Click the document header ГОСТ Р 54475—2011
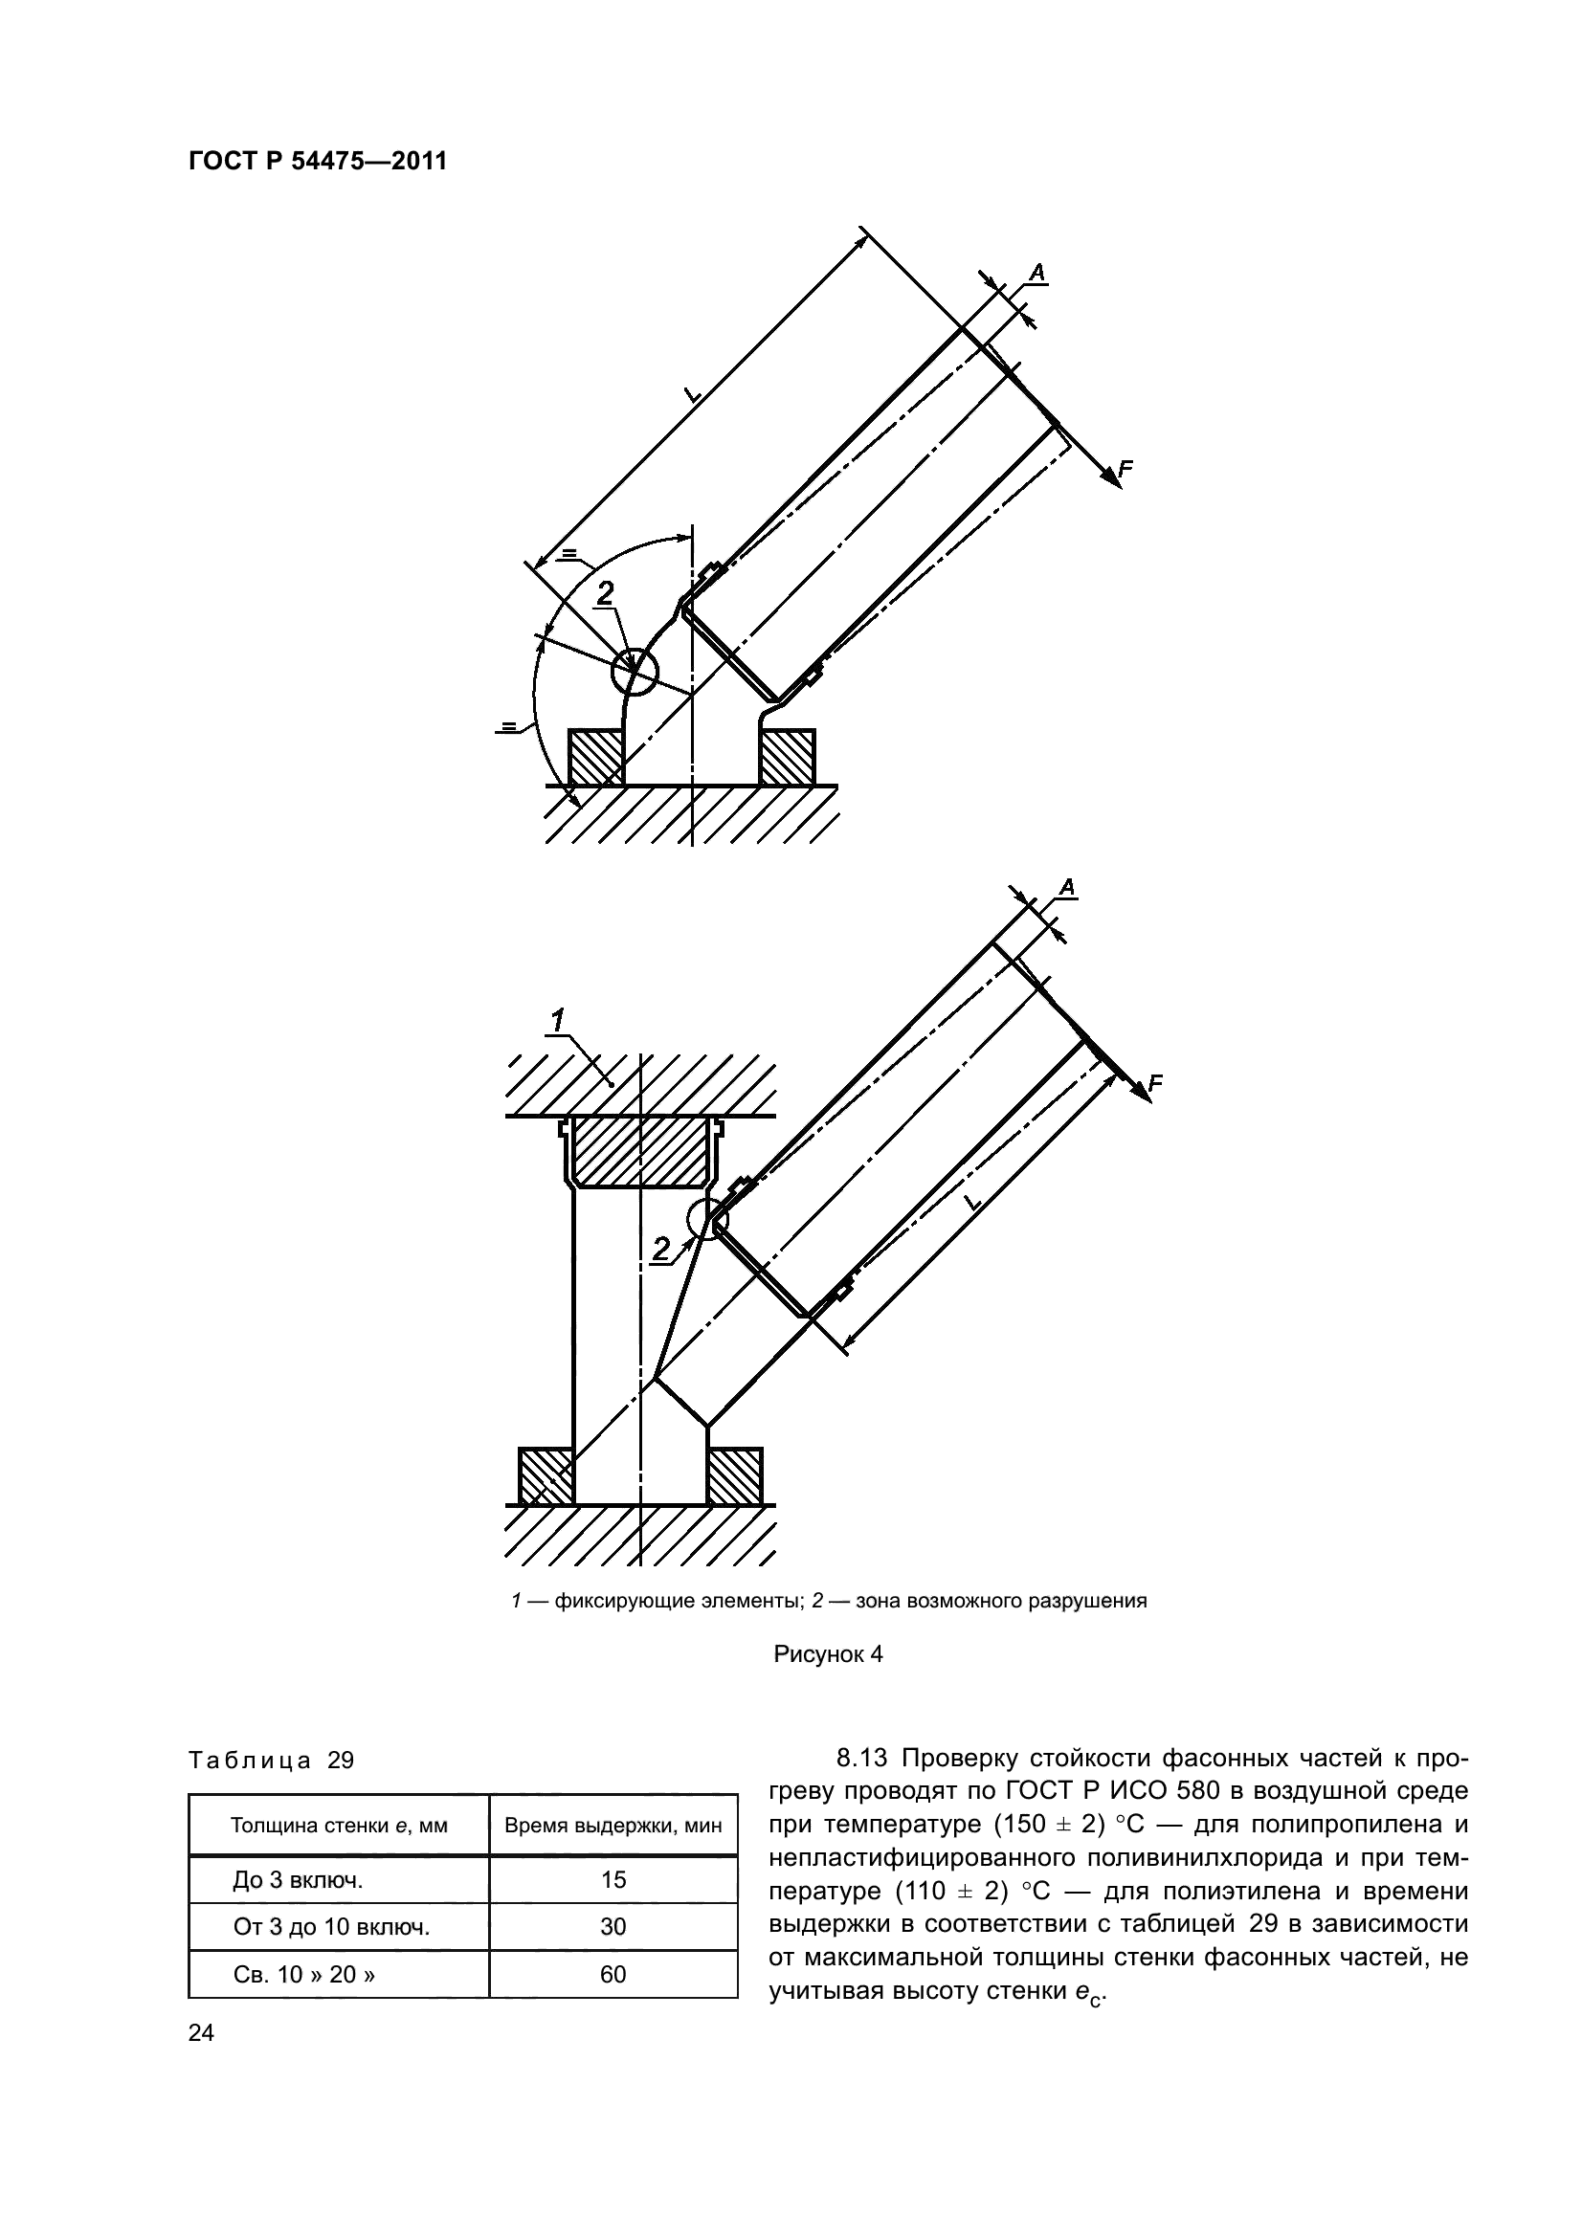318,162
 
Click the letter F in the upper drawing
1125,469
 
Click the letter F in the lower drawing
1156,1083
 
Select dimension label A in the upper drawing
1037,273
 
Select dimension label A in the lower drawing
1067,888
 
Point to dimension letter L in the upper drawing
692,394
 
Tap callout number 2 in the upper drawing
605,592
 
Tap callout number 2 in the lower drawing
662,1249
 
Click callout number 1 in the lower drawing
558,1022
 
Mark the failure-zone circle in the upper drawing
635,672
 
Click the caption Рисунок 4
828,1654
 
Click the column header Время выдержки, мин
613,1826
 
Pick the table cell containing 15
613,1880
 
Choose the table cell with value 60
613,1975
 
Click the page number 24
201,2033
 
